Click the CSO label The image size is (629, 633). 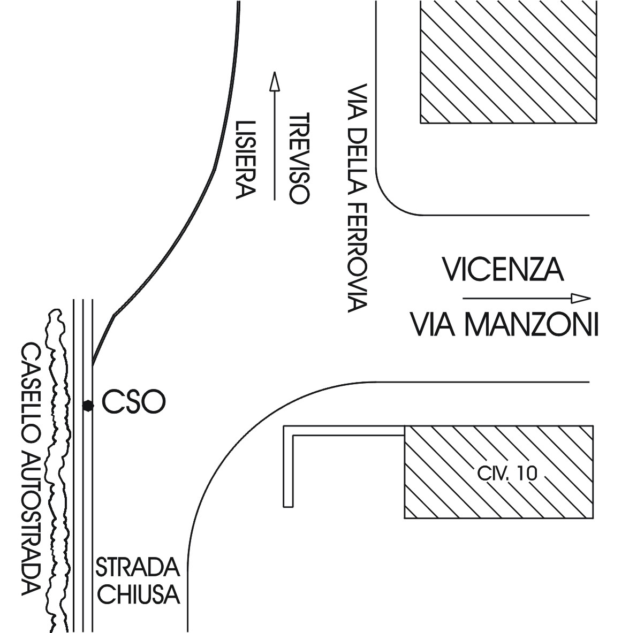point(134,402)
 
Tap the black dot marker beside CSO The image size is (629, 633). point(88,405)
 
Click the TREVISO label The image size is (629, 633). point(300,158)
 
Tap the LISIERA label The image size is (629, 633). point(246,160)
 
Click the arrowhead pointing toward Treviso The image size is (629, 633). point(275,81)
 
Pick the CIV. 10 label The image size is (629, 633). point(507,474)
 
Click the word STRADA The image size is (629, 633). point(138,568)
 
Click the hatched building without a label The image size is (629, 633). point(509,62)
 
